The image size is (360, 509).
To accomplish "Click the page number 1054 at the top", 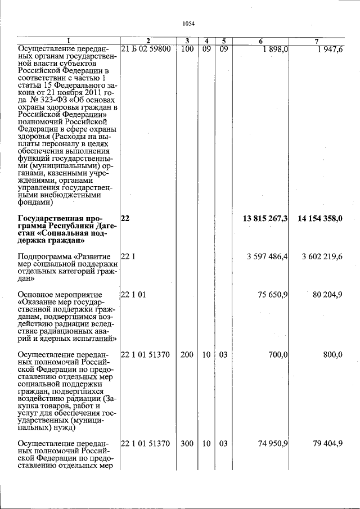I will (x=188, y=23).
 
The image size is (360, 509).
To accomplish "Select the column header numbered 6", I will (x=260, y=40).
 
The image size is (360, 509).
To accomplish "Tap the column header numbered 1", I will (x=69, y=40).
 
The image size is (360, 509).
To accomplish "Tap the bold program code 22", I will (x=125, y=218).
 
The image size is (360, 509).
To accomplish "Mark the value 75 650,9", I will (x=273, y=294).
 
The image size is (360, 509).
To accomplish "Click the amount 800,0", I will (x=332, y=355).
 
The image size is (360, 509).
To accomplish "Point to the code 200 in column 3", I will (x=187, y=355).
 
